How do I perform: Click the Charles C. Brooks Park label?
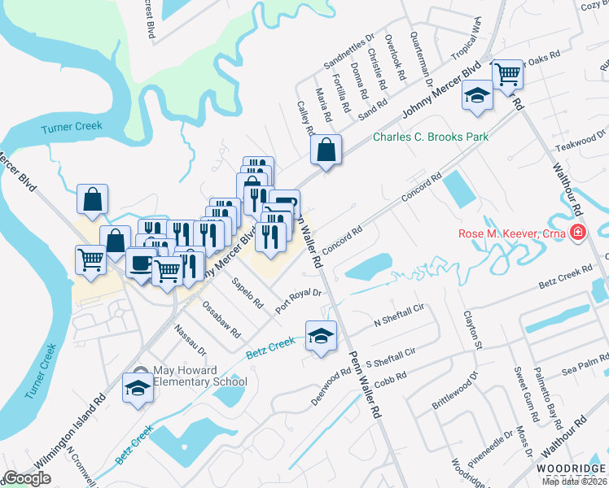click(x=431, y=137)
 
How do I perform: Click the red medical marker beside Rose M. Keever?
click(x=578, y=234)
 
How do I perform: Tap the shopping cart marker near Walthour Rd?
click(x=508, y=75)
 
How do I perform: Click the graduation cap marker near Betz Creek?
click(x=322, y=335)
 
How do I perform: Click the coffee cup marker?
click(x=141, y=264)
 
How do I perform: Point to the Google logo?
click(x=27, y=478)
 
